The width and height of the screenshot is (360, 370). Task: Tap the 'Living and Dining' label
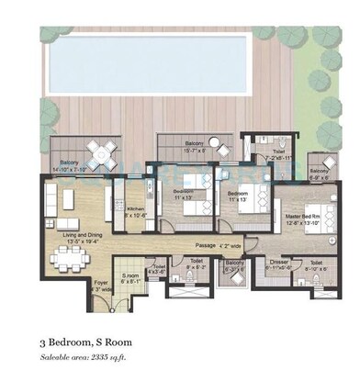coord(76,234)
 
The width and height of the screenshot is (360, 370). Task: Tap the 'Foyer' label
coord(100,282)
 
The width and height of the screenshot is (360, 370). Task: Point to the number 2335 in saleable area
coord(114,354)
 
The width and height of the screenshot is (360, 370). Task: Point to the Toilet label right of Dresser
coord(316,262)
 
